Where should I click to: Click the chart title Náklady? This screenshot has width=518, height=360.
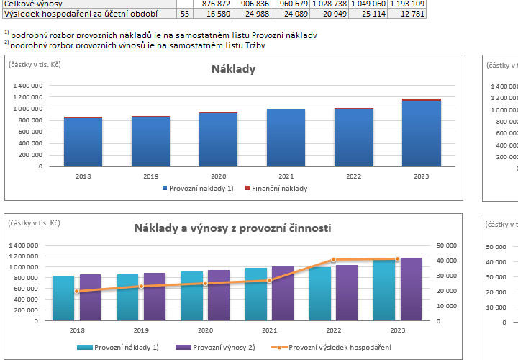(233, 69)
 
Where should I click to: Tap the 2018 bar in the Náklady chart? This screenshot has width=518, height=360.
(83, 142)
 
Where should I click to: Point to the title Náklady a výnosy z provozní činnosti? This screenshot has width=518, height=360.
(232, 228)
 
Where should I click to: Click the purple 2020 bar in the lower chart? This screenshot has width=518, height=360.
(219, 295)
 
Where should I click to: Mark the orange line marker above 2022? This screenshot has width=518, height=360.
(333, 260)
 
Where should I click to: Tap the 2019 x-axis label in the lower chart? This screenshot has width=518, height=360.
(140, 330)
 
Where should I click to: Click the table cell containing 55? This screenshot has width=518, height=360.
(184, 13)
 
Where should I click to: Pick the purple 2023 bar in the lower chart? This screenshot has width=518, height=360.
(411, 289)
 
